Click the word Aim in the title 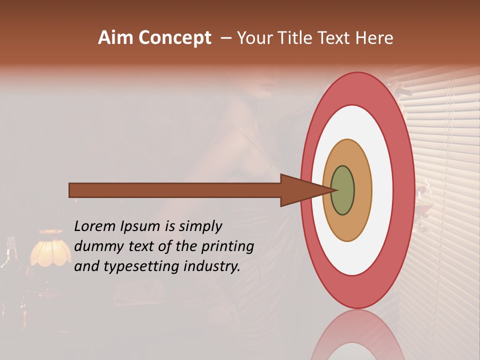coord(116,38)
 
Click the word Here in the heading coord(374,38)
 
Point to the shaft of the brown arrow coord(175,190)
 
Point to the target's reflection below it coord(357,337)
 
